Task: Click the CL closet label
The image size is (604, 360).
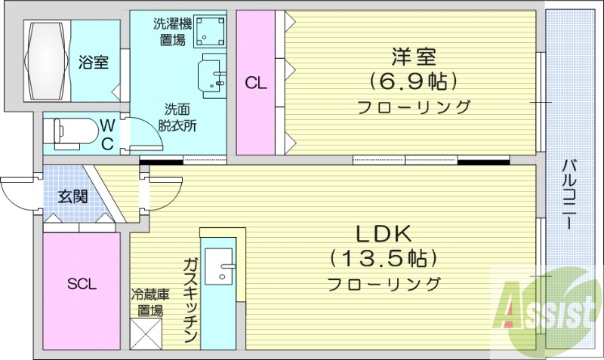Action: coord(256,84)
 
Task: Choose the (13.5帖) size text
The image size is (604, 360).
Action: coord(384,259)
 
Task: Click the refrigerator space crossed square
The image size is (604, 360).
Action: coord(146,333)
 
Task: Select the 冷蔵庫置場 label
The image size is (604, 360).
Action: coord(147,303)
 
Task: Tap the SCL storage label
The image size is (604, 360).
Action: coord(82,284)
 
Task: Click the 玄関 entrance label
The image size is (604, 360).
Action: coord(72,197)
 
